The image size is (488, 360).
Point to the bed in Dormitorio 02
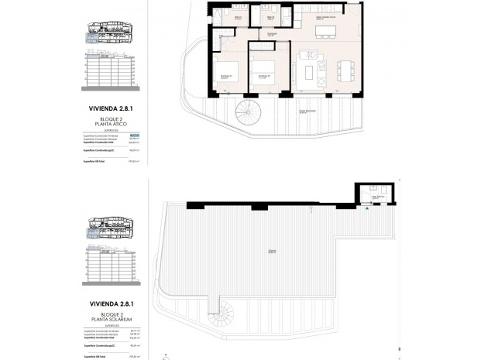click(265, 77)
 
